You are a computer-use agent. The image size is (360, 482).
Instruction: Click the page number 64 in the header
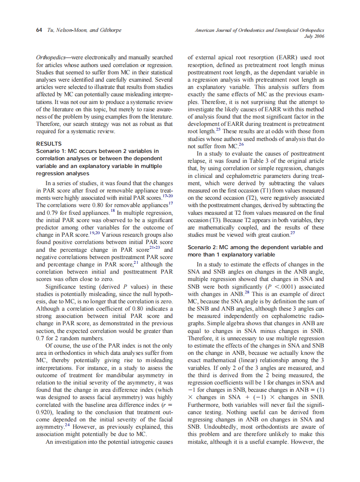pyautogui.click(x=38, y=31)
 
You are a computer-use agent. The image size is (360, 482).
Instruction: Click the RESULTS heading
pyautogui.click(x=49, y=144)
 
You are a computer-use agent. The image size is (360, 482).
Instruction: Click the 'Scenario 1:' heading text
pyautogui.click(x=52, y=151)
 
